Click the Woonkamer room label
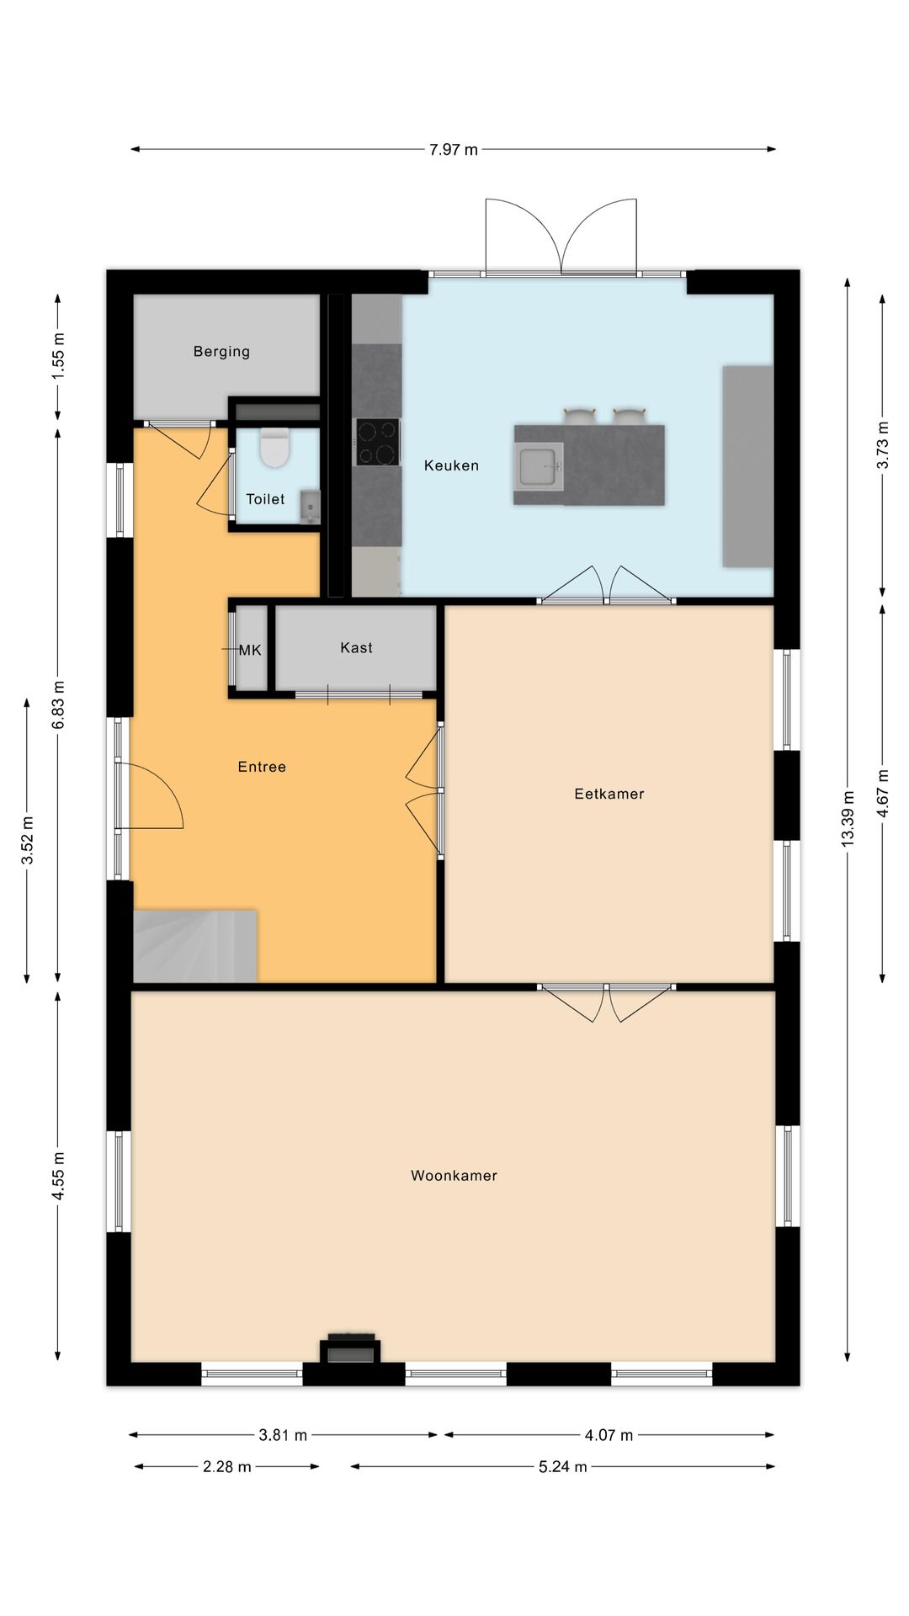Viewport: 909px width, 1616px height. point(454,1176)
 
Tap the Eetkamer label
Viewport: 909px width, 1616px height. point(609,794)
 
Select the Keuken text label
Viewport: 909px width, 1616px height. point(451,465)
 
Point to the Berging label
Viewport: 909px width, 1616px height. point(221,352)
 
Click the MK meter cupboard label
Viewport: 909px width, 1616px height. point(250,651)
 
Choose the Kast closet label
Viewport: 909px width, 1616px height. point(356,647)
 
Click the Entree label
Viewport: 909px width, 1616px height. point(262,767)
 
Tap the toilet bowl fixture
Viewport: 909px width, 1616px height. point(274,448)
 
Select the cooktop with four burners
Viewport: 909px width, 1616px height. point(376,442)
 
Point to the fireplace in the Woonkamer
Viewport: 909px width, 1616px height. point(350,1348)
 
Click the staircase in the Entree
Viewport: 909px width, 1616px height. point(195,945)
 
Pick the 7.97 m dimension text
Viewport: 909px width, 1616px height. point(453,150)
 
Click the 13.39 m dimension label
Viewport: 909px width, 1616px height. point(848,818)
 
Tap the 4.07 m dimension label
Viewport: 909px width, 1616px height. point(609,1435)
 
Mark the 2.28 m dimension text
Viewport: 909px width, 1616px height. point(227,1467)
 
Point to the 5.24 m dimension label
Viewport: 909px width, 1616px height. point(563,1467)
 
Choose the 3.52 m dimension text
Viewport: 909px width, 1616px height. point(27,840)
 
